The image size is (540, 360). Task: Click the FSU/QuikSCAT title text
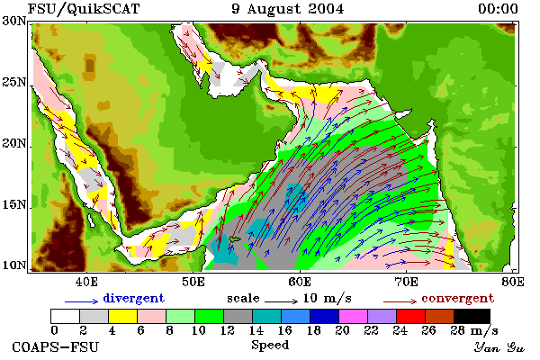point(84,9)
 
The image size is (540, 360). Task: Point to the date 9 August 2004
point(288,9)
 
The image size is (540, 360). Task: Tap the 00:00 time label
point(498,9)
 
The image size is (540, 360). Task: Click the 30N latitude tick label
point(14,21)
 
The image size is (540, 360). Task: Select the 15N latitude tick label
point(14,205)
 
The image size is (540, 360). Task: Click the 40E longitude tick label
point(86,282)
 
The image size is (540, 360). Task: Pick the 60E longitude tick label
point(300,282)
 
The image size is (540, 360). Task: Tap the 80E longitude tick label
point(513,282)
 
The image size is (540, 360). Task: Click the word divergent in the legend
point(133,298)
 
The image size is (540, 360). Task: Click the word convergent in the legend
point(458,298)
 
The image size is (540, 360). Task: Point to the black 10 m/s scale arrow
point(281,301)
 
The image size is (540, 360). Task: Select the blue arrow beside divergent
point(81,301)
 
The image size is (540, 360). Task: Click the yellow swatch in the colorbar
point(122,316)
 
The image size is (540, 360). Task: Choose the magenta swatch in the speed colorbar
point(353,316)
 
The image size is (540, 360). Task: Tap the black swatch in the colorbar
point(472,316)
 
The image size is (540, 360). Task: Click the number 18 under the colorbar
point(313,330)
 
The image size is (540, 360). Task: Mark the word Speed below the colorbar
point(270,346)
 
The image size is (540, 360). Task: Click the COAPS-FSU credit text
point(55,346)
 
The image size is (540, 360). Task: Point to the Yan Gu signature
point(499,347)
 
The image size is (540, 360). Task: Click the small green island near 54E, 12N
point(235,239)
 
